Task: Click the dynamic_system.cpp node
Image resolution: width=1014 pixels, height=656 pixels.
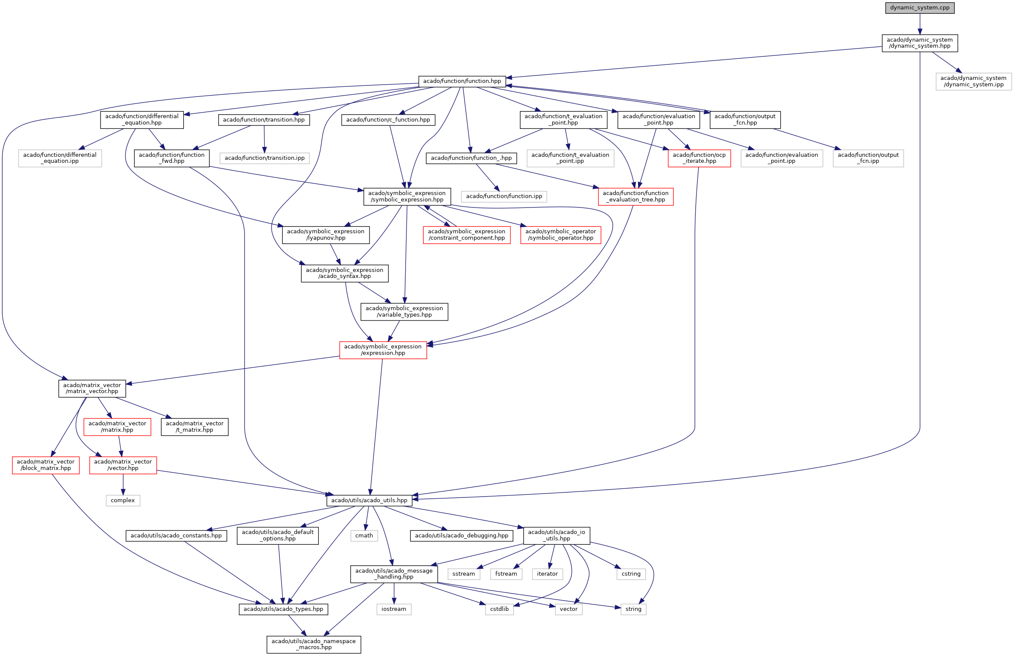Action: [919, 8]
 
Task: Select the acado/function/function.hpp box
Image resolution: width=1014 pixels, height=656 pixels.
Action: [462, 81]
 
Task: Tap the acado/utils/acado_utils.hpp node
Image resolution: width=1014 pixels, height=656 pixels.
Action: [369, 500]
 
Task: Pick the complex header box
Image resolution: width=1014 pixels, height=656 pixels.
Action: [123, 500]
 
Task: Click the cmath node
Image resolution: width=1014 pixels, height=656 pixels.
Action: [364, 535]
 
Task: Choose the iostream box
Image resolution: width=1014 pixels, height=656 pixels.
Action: [394, 609]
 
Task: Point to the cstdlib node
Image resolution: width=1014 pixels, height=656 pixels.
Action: [499, 609]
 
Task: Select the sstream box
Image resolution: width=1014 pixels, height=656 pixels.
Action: [464, 574]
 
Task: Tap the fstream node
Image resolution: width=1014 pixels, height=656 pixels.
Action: [506, 574]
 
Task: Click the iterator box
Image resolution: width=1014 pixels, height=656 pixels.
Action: [547, 574]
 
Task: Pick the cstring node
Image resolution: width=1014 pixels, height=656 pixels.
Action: [631, 574]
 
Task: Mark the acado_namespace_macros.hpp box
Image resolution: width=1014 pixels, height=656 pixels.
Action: [314, 644]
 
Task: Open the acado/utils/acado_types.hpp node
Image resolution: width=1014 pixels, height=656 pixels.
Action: [283, 609]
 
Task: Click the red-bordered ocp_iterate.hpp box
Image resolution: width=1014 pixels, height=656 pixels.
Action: [699, 158]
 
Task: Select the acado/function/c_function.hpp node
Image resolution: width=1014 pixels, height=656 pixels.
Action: [388, 119]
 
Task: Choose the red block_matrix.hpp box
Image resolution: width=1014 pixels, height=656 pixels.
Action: [46, 465]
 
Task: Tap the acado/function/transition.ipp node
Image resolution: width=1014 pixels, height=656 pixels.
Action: [264, 158]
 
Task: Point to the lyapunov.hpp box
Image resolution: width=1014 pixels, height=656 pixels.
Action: [326, 235]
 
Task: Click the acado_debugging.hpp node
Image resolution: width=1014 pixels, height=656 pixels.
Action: [461, 535]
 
